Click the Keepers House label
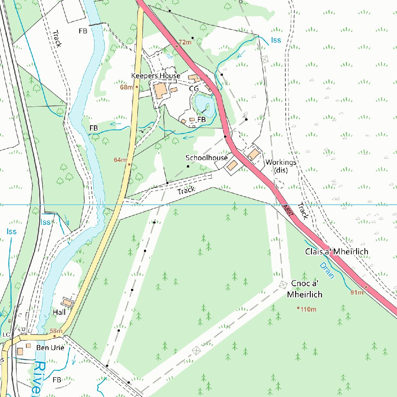tap(155, 76)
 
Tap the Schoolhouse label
tap(206, 158)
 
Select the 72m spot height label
tap(185, 42)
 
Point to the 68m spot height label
tap(126, 87)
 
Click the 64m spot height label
tap(120, 160)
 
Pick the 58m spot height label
tap(56, 331)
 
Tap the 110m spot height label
tap(309, 309)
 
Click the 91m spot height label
tap(357, 292)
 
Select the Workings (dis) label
tap(281, 166)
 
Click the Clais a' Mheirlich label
tap(337, 252)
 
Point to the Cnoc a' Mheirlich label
tap(305, 290)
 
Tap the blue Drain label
tap(327, 271)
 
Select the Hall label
tap(59, 312)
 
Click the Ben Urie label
tap(50, 348)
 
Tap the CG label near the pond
tap(194, 89)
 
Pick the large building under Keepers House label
tap(160, 91)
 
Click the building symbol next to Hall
tap(68, 302)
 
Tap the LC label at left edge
tap(6, 334)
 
